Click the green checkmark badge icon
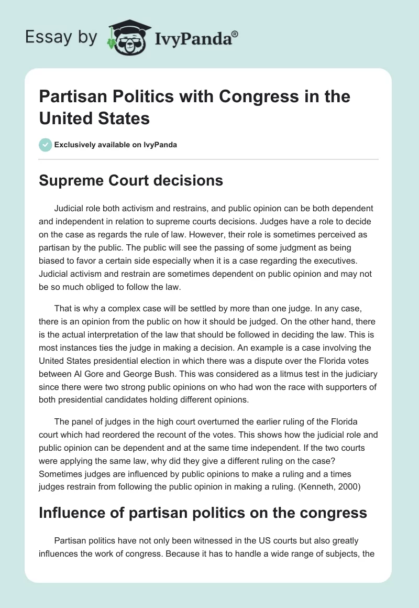pos(45,145)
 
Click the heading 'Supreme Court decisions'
pos(131,181)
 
